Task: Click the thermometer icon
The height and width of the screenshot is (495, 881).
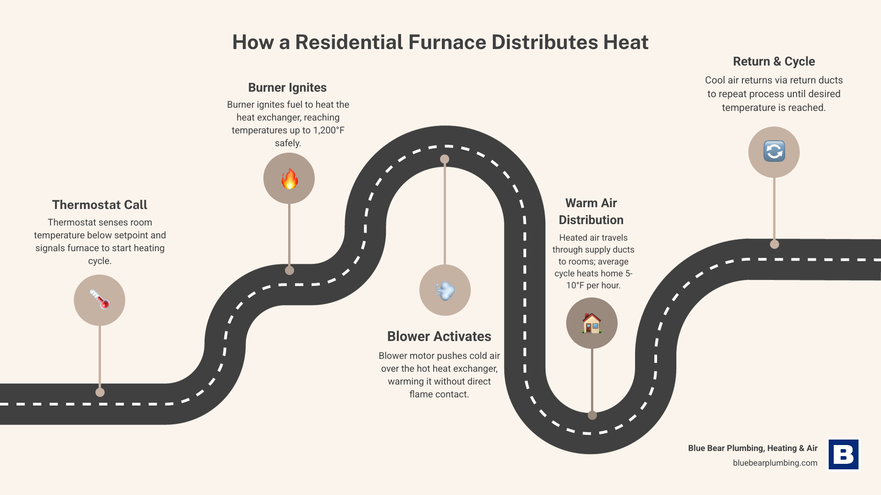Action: pos(100,300)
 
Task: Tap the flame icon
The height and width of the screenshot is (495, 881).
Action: pos(289,179)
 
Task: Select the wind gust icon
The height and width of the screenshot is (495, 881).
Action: pos(445,290)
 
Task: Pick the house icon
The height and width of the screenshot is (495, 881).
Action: pos(591,323)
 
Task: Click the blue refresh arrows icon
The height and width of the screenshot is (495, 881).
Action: pos(774,152)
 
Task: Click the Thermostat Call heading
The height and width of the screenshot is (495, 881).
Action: pos(100,205)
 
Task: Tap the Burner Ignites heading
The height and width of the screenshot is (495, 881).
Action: pos(287,88)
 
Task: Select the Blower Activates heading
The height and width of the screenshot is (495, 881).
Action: pos(439,336)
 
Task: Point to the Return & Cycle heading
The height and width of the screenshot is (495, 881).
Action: pos(774,61)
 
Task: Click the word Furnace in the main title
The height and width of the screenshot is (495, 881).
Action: pos(447,42)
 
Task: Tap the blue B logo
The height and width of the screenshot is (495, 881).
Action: pos(843,455)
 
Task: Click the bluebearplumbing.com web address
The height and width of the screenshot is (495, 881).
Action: pos(775,463)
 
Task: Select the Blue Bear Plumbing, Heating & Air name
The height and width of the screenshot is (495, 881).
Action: pos(753,448)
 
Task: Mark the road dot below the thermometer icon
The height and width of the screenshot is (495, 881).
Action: pos(100,392)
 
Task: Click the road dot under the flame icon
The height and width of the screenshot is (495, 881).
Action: pos(290,270)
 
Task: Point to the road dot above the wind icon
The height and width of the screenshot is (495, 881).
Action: pos(445,159)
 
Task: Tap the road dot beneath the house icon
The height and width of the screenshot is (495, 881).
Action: pos(592,415)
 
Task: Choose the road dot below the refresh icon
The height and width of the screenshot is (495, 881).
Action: pos(775,244)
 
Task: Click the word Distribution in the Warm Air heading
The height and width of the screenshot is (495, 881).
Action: pos(591,220)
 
